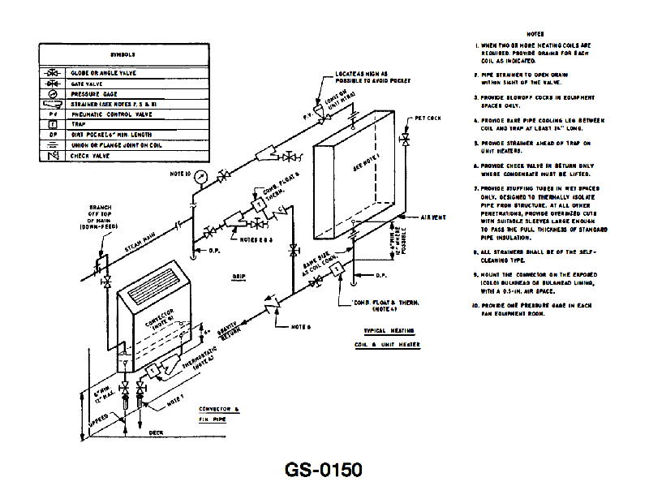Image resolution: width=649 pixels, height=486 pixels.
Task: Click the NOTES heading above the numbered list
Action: (535, 34)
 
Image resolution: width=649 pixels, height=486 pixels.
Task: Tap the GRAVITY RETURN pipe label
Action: (214, 333)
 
